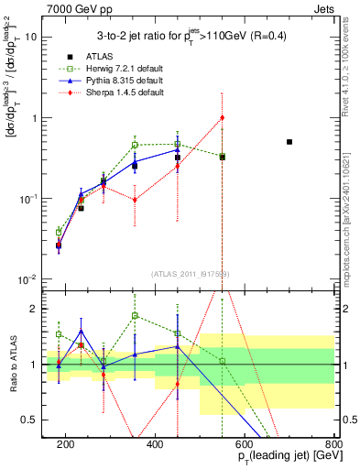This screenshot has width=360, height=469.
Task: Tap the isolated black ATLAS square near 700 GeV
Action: tap(289, 142)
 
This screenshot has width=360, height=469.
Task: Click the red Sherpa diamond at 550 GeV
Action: tap(222, 118)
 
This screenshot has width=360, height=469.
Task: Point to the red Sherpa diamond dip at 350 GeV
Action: tap(135, 200)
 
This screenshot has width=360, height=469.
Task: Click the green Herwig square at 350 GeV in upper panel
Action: tap(135, 145)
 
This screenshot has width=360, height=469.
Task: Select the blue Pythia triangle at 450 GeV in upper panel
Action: tap(178, 148)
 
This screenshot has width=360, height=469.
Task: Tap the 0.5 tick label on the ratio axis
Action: tap(34, 420)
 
